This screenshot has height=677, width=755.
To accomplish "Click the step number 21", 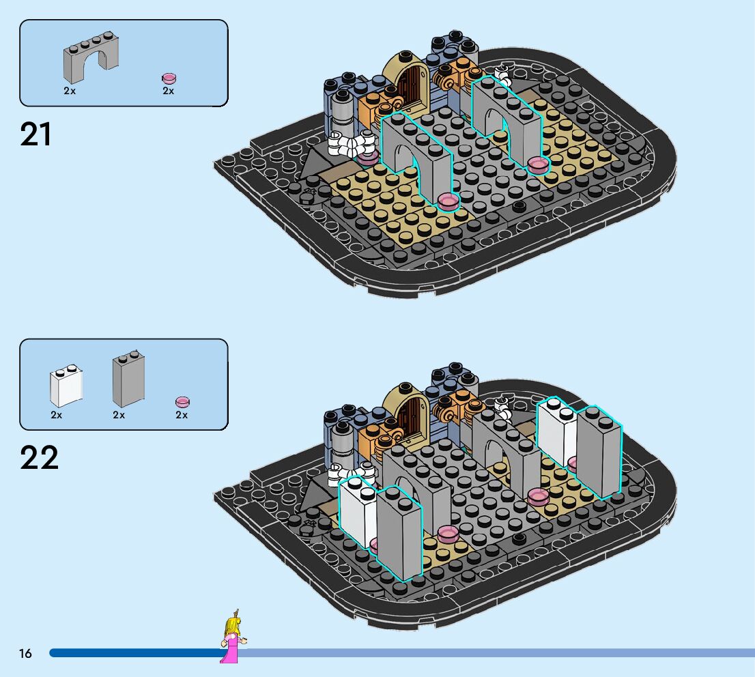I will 36,134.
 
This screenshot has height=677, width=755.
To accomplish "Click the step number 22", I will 39,458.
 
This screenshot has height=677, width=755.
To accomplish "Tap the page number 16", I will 25,654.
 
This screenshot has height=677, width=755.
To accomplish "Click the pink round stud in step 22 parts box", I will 182,402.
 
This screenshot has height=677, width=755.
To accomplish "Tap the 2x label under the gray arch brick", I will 70,91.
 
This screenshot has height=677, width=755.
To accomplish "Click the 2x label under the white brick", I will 56,414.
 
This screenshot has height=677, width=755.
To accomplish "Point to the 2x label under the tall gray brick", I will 119,414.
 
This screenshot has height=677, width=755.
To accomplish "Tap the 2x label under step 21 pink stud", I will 168,91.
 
